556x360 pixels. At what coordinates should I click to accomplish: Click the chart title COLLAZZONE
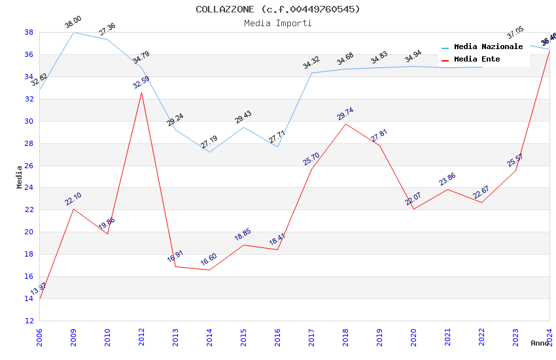coord(277,9)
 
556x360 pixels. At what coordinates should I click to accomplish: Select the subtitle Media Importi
coord(277,24)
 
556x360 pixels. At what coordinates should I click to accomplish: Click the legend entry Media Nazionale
coord(488,47)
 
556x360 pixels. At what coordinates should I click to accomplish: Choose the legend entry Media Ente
coord(477,60)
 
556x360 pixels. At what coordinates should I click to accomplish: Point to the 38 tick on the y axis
coord(29,32)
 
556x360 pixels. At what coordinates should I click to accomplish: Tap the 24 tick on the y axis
coord(29,188)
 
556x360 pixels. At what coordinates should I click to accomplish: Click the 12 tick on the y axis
coord(29,321)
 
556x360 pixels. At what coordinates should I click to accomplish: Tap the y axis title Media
coord(20,177)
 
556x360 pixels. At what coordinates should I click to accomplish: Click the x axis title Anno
coord(540,343)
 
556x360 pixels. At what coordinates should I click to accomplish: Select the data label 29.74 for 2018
coord(345,115)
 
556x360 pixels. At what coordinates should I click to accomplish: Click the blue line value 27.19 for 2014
coord(209,142)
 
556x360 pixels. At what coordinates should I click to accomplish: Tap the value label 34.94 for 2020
coord(413,57)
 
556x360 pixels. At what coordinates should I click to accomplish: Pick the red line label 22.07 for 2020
coord(413,200)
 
